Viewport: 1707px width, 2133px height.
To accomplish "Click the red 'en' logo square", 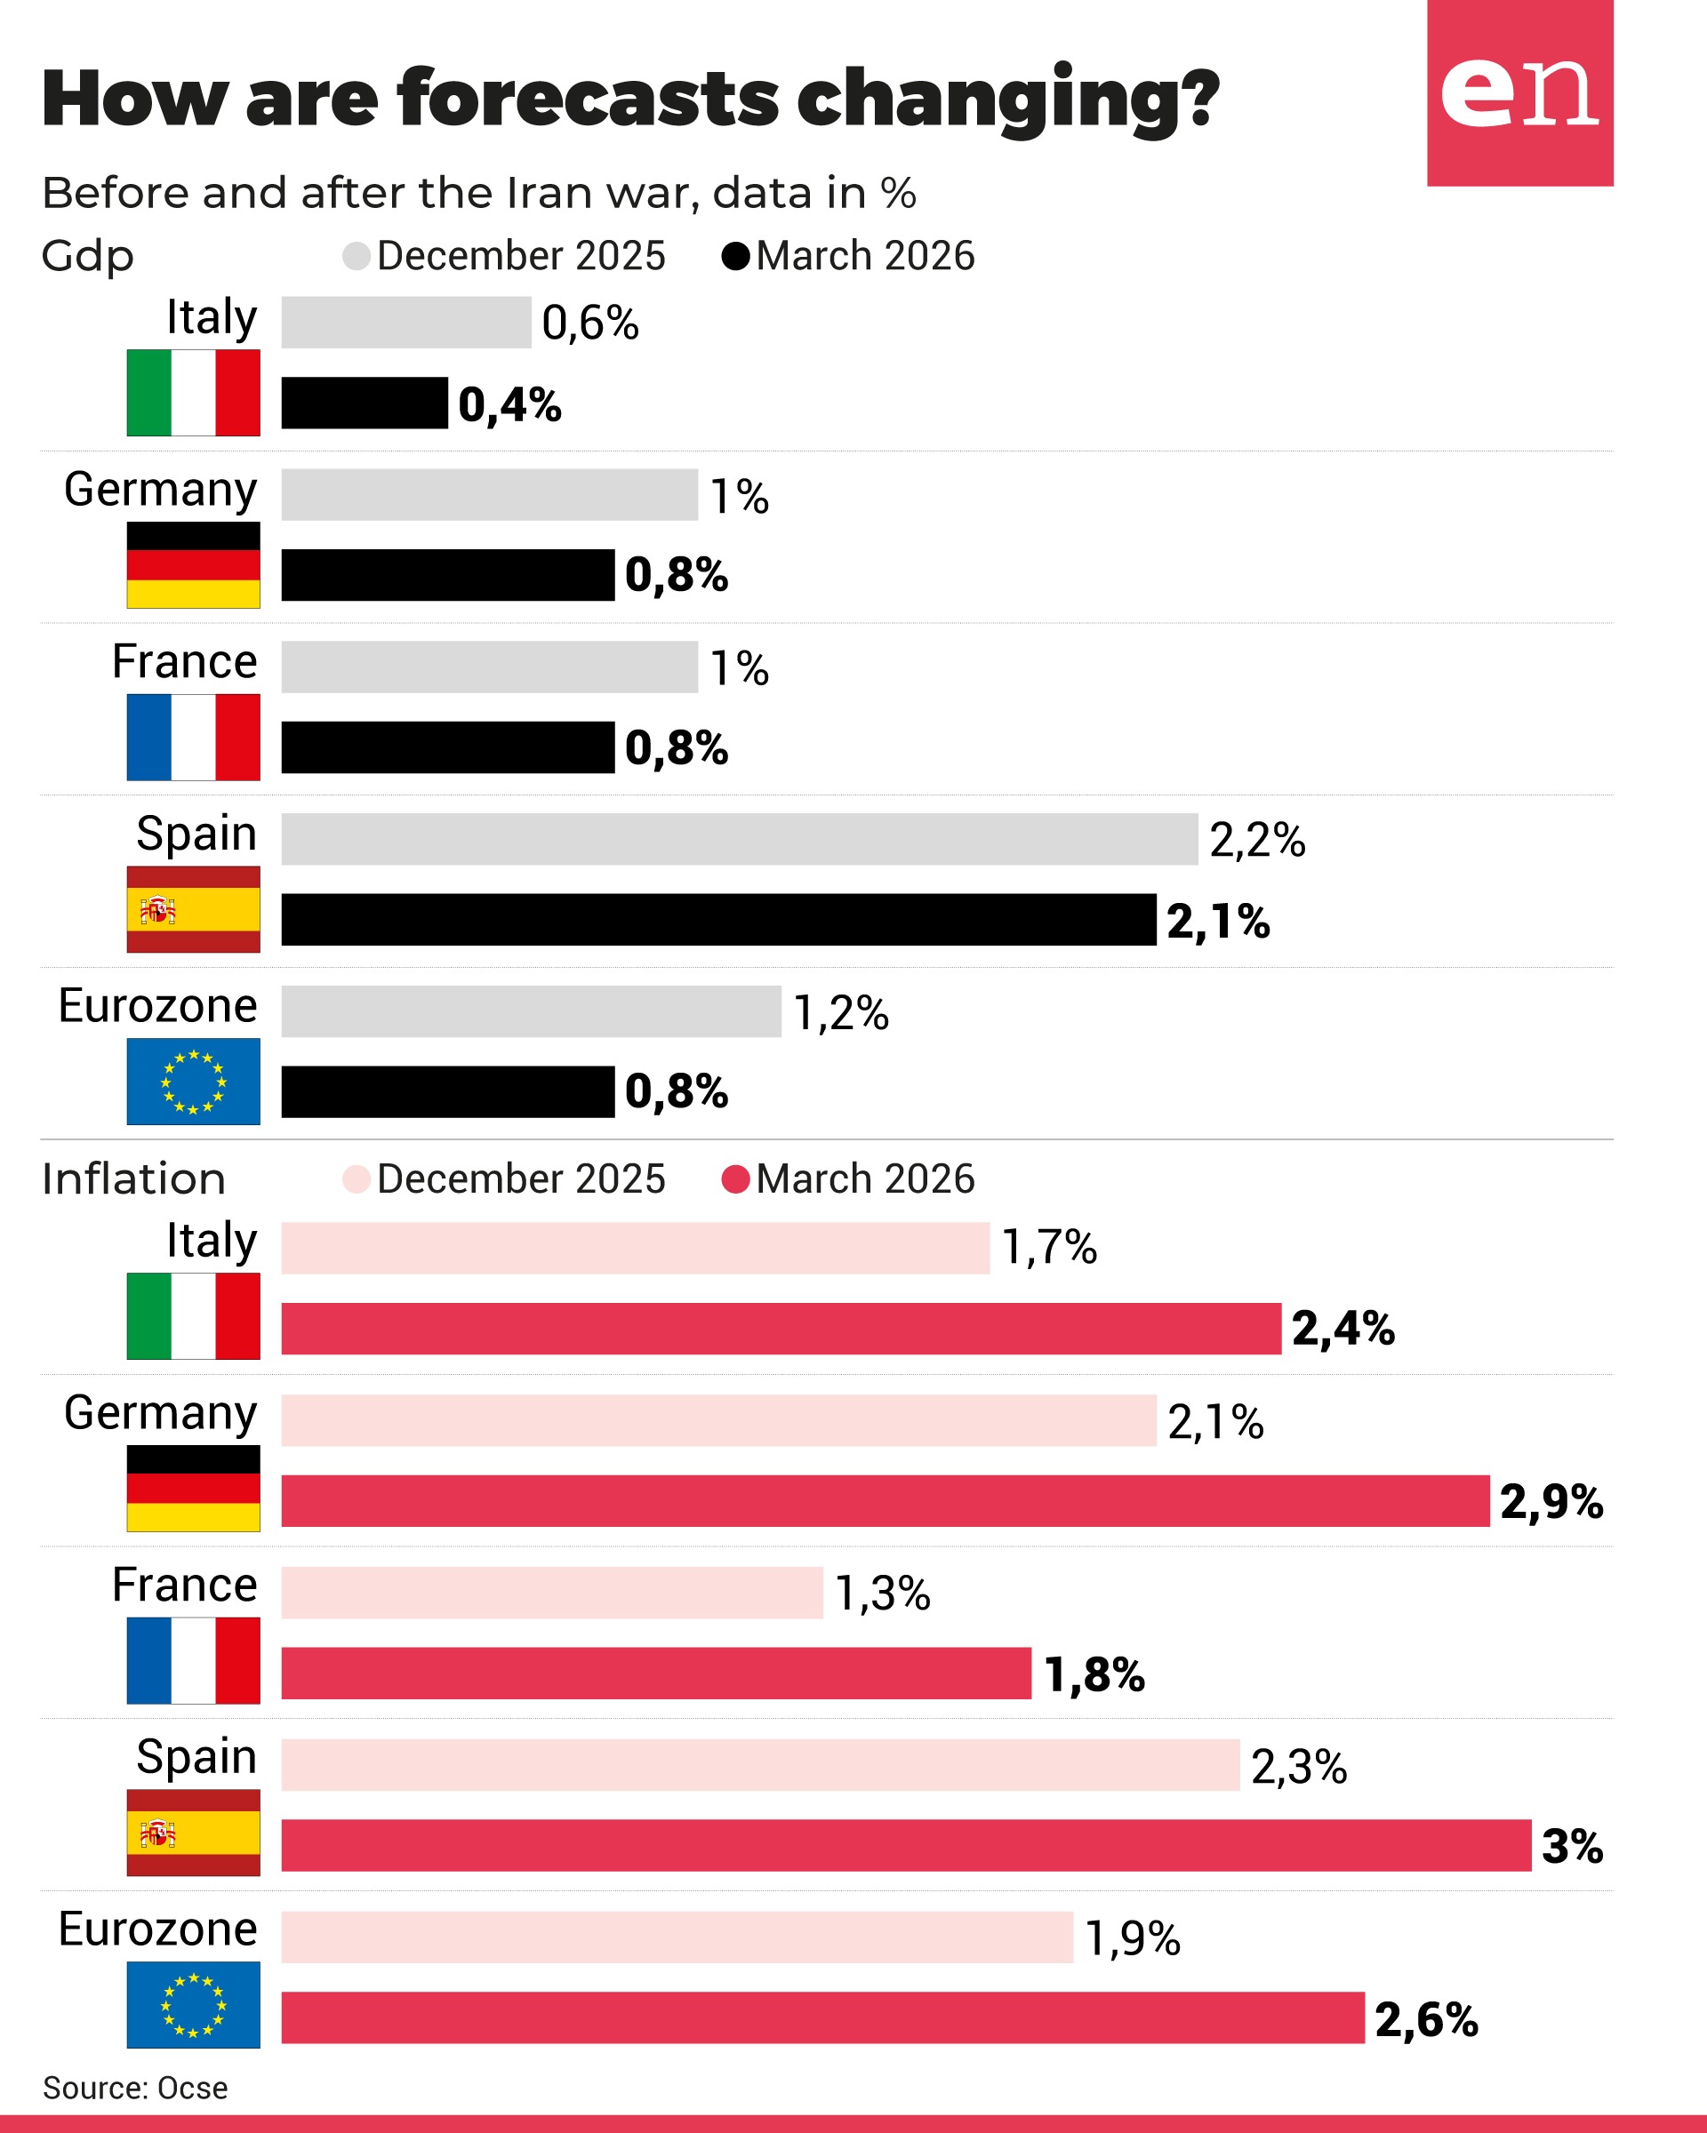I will pos(1519,93).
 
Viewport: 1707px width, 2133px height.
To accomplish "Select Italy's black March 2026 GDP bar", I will pos(365,403).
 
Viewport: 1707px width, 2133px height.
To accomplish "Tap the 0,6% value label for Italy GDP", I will pos(589,323).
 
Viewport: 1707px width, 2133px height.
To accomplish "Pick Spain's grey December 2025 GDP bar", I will pos(738,839).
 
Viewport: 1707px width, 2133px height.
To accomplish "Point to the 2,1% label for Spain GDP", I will pos(1217,921).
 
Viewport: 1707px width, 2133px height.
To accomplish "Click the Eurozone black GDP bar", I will pos(447,1091).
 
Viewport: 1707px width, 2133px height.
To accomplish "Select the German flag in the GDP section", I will pos(193,565).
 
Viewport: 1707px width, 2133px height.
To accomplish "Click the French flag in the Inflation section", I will pos(193,1660).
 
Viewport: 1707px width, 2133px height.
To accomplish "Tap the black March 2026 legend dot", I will pos(735,256).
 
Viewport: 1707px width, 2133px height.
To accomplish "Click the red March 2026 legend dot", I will pos(735,1179).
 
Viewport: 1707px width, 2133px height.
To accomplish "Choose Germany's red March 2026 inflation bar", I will pos(885,1501).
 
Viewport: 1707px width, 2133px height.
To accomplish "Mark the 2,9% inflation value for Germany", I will pos(1551,1501).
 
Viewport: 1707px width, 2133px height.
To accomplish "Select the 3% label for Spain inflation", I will pos(1572,1845).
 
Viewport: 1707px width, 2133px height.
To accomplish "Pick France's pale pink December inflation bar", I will pos(551,1593).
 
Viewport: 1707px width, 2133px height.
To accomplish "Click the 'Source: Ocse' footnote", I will pos(134,2088).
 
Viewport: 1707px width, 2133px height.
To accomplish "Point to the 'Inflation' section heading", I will pos(133,1179).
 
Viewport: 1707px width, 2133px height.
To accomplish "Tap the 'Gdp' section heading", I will pos(87,256).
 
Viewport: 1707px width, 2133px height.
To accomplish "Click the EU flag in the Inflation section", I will pos(193,2004).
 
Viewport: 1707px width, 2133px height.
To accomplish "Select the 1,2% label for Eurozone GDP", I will pos(840,1012).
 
